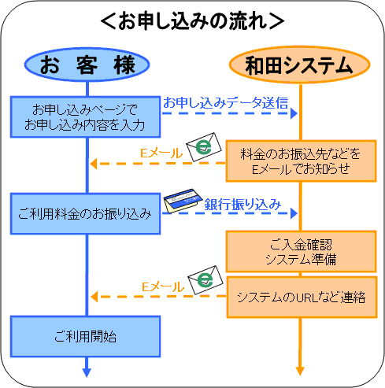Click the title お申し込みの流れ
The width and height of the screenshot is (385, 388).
pos(192,20)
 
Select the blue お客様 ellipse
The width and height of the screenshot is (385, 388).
pos(87,65)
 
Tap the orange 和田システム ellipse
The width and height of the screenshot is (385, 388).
pos(300,65)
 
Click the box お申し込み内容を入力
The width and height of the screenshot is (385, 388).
pos(85,116)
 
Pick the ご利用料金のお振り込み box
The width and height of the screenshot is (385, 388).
pos(85,213)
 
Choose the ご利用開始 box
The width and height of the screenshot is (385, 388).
pos(85,336)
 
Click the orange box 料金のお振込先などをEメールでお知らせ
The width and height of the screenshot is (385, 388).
pos(302,161)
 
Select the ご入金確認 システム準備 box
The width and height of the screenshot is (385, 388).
pos(302,252)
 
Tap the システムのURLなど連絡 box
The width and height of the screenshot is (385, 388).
pos(302,297)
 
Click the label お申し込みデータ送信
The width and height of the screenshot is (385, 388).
pos(226,102)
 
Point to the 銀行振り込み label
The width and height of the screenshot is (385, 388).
pos(242,205)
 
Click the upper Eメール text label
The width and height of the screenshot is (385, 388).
pos(161,153)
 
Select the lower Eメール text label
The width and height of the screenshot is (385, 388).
pos(163,286)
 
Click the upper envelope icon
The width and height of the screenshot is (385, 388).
pos(204,147)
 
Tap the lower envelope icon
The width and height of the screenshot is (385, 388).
pos(205,280)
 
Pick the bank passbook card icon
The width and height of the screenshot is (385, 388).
pos(183,201)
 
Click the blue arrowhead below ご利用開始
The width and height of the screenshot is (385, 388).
pos(87,372)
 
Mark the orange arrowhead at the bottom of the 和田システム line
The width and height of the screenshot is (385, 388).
pos(300,371)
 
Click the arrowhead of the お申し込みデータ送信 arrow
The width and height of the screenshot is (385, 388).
pos(294,113)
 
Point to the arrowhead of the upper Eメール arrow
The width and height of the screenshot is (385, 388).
pos(94,164)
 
